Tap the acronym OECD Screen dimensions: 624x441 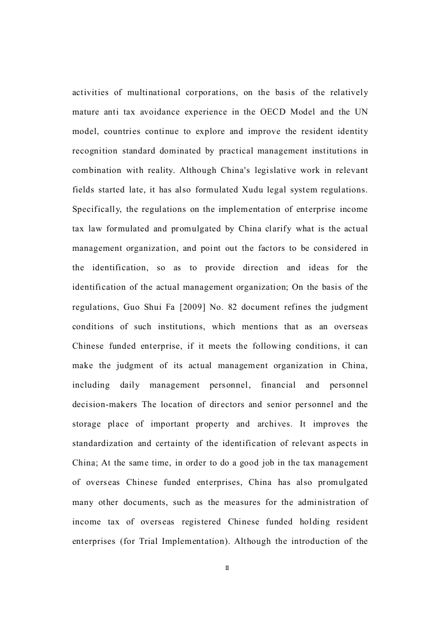(x=275, y=112)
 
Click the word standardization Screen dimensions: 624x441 (x=103, y=443)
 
